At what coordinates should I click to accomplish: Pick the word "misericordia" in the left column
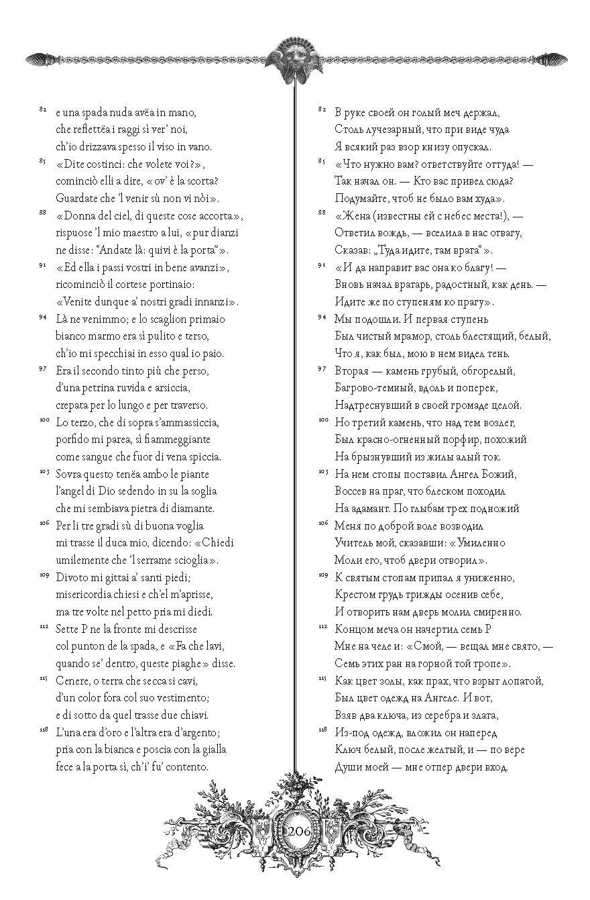coord(86,594)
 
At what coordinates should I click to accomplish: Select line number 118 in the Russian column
coord(322,730)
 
